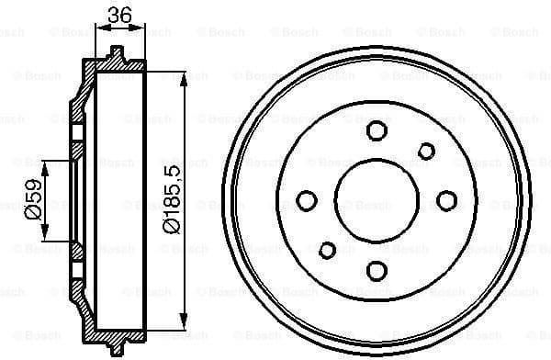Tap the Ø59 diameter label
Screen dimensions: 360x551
[34, 199]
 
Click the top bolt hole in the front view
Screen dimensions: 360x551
[377, 130]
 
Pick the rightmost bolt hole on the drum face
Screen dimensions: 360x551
[447, 200]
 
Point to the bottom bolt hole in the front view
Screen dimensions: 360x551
[377, 270]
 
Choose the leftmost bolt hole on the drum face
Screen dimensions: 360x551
[308, 200]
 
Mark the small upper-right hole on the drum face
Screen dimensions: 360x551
[426, 151]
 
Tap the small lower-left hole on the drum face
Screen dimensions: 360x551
[327, 249]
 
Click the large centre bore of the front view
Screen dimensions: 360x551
[377, 200]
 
